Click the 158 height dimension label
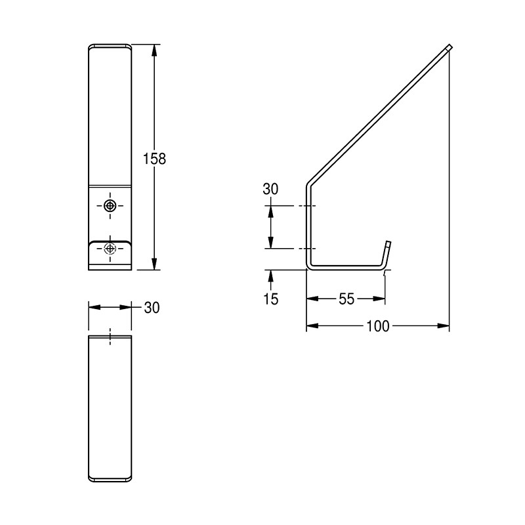155,158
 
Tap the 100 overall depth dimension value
379,325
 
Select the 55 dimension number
346,299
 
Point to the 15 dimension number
270,299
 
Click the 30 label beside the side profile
270,190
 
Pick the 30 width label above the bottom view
151,308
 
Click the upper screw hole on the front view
110,206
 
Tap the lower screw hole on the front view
110,248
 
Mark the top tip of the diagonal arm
449,46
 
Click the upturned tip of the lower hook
388,243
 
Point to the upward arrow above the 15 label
270,275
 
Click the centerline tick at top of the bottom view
110,335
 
